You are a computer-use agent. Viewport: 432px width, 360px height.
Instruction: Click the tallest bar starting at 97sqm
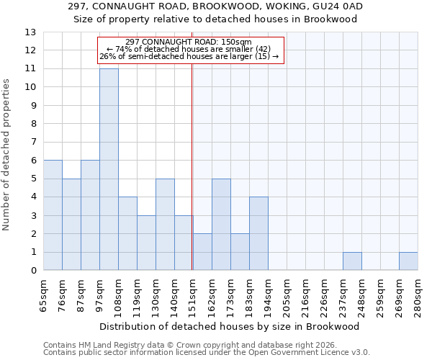pyautogui.click(x=109, y=169)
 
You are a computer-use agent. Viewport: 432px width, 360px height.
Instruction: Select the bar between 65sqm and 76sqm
pyautogui.click(x=53, y=215)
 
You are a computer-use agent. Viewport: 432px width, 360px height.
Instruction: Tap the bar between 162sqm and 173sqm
pyautogui.click(x=221, y=225)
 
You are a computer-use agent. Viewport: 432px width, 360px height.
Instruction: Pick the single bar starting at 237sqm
pyautogui.click(x=352, y=261)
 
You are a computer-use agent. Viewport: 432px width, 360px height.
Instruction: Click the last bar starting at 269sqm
pyautogui.click(x=408, y=261)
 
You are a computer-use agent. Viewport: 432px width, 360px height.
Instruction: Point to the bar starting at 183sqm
pyautogui.click(x=258, y=234)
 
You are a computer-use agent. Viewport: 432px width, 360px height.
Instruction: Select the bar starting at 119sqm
pyautogui.click(x=146, y=243)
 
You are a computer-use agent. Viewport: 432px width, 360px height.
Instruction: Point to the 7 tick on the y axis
pyautogui.click(x=33, y=143)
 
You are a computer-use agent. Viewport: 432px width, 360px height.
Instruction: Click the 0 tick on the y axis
pyautogui.click(x=33, y=271)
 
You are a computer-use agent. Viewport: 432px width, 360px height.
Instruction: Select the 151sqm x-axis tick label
pyautogui.click(x=193, y=294)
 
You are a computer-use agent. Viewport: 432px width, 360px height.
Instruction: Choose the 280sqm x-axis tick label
pyautogui.click(x=418, y=294)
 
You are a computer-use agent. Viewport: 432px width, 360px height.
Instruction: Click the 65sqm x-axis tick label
pyautogui.click(x=43, y=294)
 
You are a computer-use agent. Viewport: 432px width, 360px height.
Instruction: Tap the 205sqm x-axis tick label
pyautogui.click(x=287, y=294)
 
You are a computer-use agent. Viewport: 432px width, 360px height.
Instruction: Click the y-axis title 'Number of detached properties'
pyautogui.click(x=7, y=155)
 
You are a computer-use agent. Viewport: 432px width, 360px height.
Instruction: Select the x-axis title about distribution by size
pyautogui.click(x=230, y=326)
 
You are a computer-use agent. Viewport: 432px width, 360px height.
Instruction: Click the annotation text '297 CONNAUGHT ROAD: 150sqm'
pyautogui.click(x=188, y=42)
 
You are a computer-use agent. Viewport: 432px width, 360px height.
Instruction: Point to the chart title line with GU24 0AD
pyautogui.click(x=216, y=6)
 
